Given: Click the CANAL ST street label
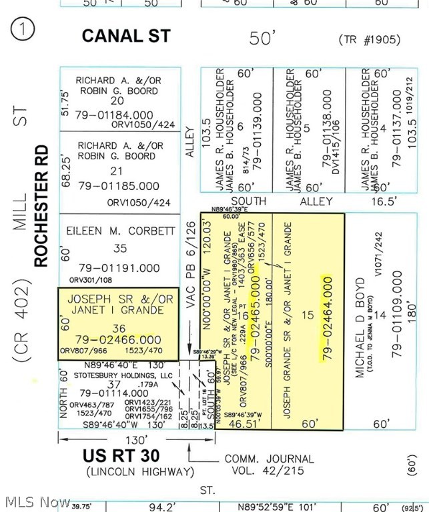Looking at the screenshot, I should pos(126,36).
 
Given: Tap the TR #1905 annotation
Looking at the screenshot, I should pos(370,39).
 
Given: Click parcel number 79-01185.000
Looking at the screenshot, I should pos(118,186).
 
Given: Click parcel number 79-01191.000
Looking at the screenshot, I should pos(117,268).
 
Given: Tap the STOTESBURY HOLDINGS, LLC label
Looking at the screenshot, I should pos(117,375).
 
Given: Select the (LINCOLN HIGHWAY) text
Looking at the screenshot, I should pos(139,472).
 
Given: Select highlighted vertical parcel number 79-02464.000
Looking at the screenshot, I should pos(326,319).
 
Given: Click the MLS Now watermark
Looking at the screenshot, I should pos(36,501).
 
